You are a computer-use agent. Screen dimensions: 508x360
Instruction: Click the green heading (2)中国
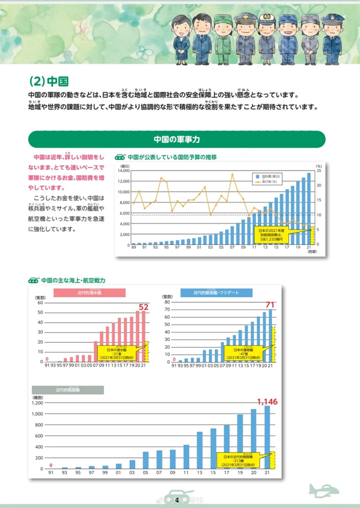pyautogui.click(x=49, y=81)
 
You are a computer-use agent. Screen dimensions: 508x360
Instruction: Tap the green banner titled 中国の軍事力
pyautogui.click(x=177, y=139)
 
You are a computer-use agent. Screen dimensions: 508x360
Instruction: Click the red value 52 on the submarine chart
pyautogui.click(x=144, y=307)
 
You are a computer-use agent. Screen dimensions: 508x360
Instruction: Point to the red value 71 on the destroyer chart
pyautogui.click(x=270, y=305)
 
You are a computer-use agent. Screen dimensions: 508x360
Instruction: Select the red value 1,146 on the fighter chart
pyautogui.click(x=267, y=402)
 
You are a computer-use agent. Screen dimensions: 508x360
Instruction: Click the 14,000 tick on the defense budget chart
pyautogui.click(x=124, y=171)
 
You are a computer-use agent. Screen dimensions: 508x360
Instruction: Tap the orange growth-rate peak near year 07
pyautogui.click(x=232, y=174)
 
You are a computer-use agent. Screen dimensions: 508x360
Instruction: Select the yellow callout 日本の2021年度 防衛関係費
pyautogui.click(x=271, y=235)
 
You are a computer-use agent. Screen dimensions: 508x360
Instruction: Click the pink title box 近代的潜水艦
pyautogui.click(x=89, y=292)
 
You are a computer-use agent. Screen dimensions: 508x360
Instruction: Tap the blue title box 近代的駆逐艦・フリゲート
pyautogui.click(x=216, y=292)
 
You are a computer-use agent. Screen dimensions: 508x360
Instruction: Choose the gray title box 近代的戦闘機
pyautogui.click(x=68, y=390)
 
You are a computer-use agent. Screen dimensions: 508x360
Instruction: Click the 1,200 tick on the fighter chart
pyautogui.click(x=38, y=403)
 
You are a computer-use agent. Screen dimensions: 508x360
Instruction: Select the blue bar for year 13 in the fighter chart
pyautogui.click(x=200, y=450)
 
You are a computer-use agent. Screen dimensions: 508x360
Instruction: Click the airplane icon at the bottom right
pyautogui.click(x=323, y=491)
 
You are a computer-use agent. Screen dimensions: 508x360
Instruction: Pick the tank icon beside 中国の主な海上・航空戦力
pyautogui.click(x=34, y=280)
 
